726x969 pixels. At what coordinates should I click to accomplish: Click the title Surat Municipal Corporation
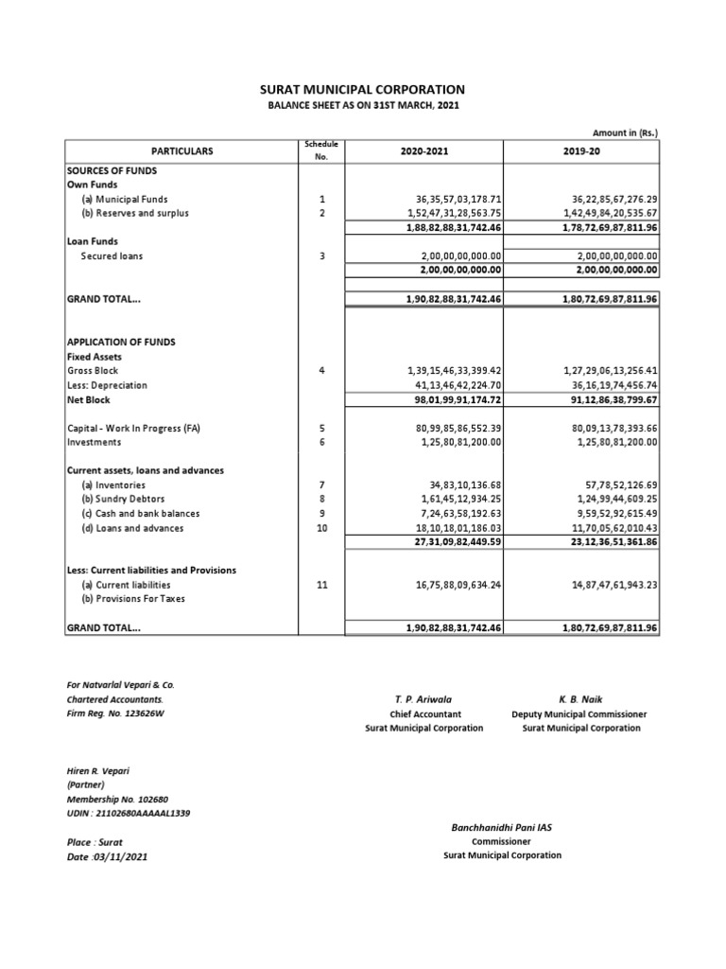point(362,89)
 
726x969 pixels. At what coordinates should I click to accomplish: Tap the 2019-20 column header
point(580,150)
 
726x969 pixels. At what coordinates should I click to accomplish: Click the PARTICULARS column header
point(182,150)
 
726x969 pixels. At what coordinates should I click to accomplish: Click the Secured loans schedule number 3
point(322,255)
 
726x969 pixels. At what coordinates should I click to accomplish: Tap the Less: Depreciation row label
point(107,386)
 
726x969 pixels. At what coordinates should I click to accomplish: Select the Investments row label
point(94,442)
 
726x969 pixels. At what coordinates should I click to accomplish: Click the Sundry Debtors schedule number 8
point(322,500)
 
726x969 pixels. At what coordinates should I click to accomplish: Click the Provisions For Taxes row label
point(133,599)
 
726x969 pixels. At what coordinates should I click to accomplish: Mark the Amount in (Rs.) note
point(627,132)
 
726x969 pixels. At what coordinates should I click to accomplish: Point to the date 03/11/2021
point(107,856)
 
